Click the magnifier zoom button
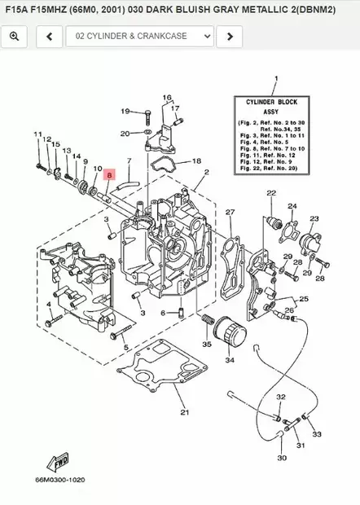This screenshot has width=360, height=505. click(x=14, y=37)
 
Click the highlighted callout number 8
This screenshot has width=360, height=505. click(x=112, y=173)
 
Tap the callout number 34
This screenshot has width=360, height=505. click(x=230, y=359)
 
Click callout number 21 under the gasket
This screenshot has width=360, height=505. click(x=184, y=412)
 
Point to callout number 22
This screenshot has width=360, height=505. click(x=270, y=194)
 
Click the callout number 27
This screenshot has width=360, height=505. click(x=230, y=213)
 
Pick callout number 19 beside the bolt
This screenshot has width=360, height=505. click(x=126, y=111)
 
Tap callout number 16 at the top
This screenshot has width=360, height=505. click(x=167, y=98)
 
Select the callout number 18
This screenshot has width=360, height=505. click(x=196, y=161)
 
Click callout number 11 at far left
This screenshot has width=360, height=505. click(x=37, y=134)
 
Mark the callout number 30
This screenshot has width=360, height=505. click(x=282, y=459)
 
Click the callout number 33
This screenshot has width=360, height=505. click(x=317, y=434)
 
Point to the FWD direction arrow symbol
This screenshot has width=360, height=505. click(x=60, y=463)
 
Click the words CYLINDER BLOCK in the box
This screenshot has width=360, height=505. click(x=274, y=103)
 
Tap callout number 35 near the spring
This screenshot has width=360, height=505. click(x=206, y=345)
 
